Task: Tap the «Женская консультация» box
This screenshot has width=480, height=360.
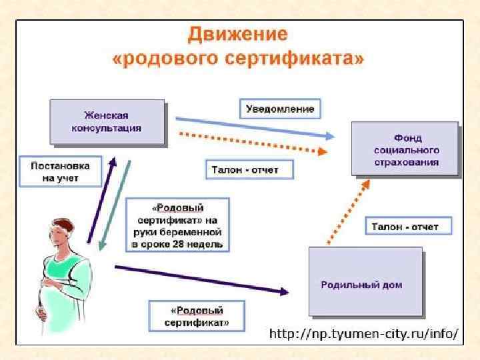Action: [107, 122]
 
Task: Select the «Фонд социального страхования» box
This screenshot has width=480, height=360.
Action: [406, 148]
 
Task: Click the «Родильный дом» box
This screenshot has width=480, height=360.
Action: [365, 281]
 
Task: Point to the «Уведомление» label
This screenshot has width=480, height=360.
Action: [279, 108]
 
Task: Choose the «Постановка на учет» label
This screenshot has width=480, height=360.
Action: [60, 170]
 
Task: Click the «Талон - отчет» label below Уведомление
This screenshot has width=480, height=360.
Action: [244, 170]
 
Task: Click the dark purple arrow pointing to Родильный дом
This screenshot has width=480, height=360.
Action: [200, 279]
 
